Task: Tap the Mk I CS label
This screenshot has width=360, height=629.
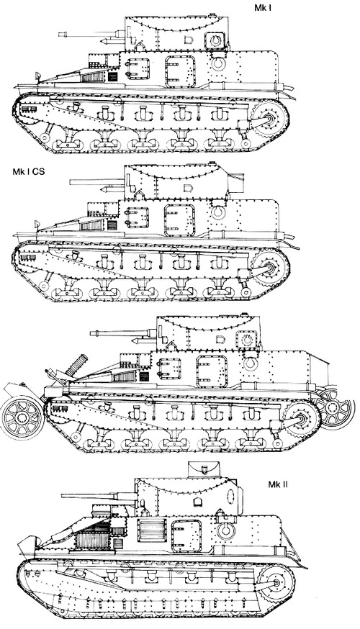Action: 29,172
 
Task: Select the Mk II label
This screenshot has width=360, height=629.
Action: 278,484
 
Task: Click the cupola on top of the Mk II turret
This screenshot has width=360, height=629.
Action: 204,470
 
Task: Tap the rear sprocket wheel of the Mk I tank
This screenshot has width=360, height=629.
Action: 270,119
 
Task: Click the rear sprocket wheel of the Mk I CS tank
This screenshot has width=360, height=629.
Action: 270,267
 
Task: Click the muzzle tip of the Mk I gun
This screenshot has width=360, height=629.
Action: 59,35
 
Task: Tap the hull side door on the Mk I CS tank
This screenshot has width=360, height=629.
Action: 179,220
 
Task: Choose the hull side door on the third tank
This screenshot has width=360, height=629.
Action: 212,371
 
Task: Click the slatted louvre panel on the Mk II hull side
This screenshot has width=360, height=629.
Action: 151,530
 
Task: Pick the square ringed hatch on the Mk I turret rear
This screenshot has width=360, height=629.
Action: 215,40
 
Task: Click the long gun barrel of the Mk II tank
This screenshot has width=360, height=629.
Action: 99,497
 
